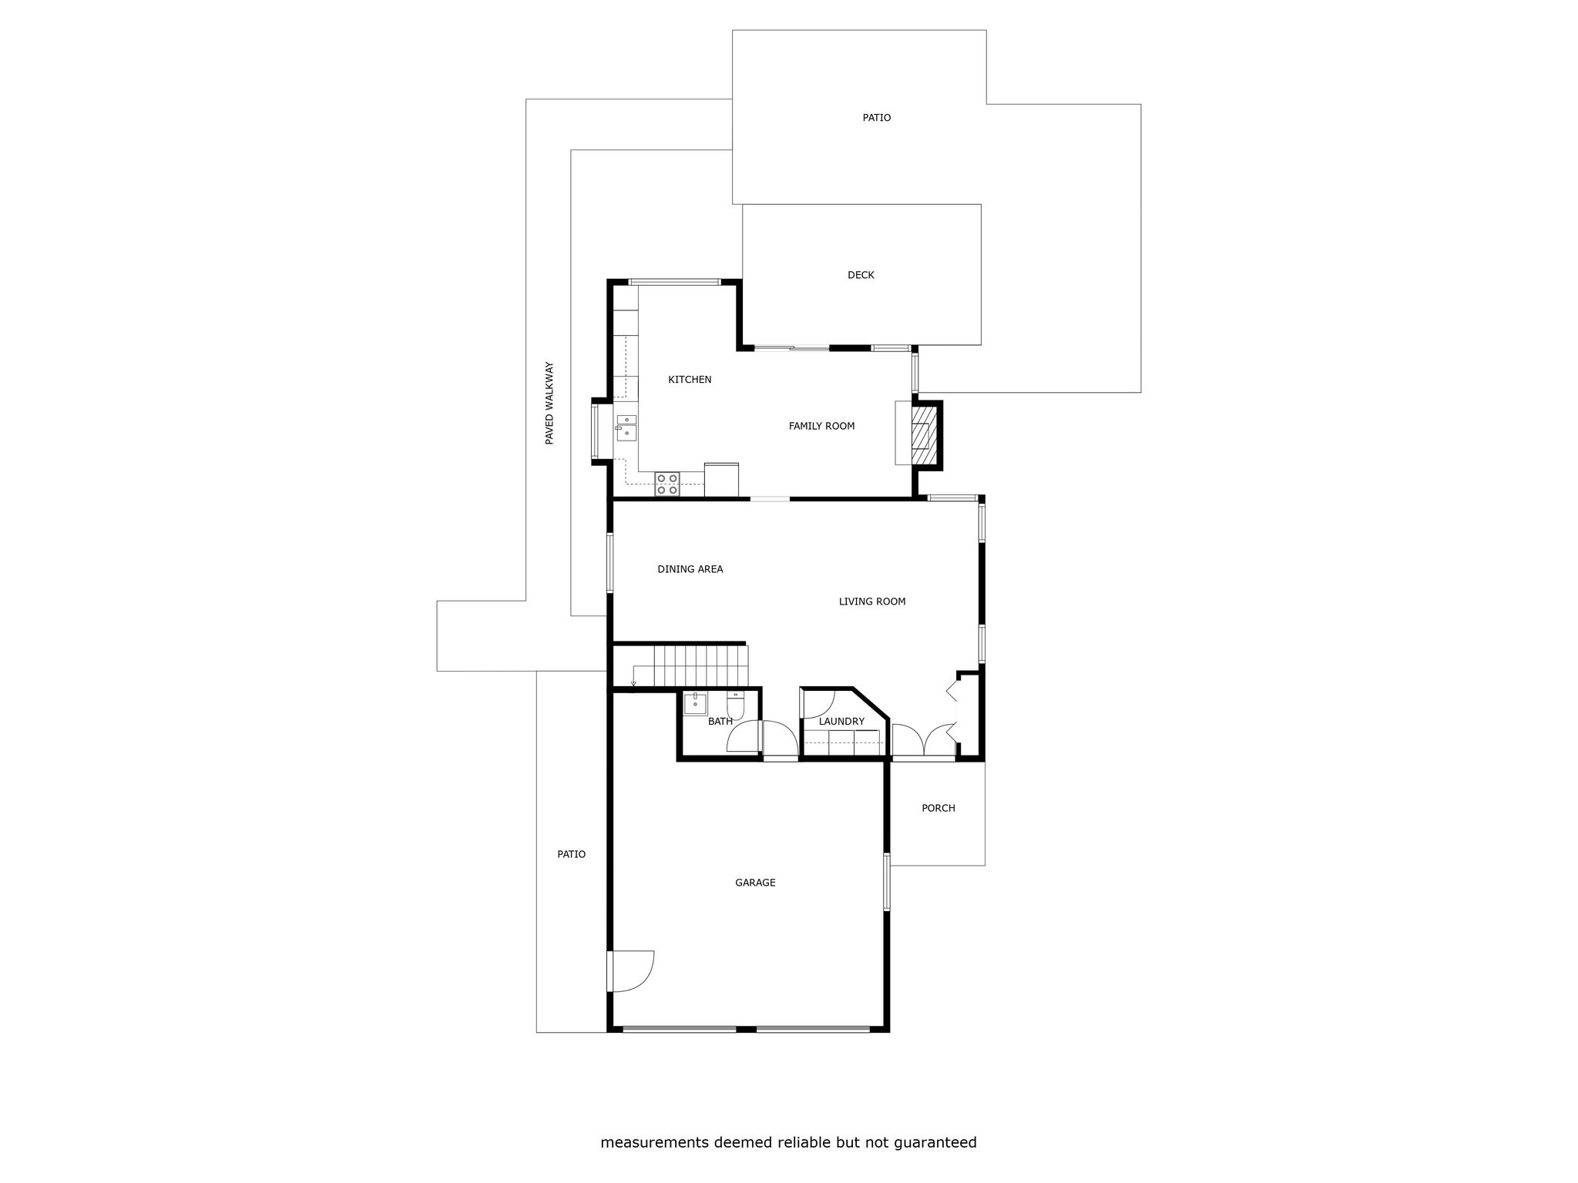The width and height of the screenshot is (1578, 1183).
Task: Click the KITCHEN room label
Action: coord(690,380)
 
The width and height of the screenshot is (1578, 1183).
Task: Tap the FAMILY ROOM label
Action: coord(821,426)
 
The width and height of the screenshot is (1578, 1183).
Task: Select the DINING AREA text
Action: coord(690,569)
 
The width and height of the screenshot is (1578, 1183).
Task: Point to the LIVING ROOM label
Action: coord(871,602)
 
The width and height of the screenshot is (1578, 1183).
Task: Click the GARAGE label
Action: coord(755,883)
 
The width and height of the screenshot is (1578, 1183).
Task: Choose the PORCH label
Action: coord(938,808)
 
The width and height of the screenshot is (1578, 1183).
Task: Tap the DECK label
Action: coord(861,275)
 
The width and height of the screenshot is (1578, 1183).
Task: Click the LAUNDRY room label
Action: coord(841,722)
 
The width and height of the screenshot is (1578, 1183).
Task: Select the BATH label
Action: coord(720,722)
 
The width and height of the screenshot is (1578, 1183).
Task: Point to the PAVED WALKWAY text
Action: coord(549,403)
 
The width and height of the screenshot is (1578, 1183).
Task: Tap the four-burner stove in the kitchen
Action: coord(667,484)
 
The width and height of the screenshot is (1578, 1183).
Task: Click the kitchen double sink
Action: coord(626,428)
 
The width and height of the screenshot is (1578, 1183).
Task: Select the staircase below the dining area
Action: coord(700,666)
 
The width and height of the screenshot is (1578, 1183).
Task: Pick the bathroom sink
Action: coord(696,704)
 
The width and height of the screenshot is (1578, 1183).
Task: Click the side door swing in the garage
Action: coord(630,971)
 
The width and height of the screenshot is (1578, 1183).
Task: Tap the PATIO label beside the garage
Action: coord(572,854)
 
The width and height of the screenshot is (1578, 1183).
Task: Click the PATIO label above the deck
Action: coord(877,118)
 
